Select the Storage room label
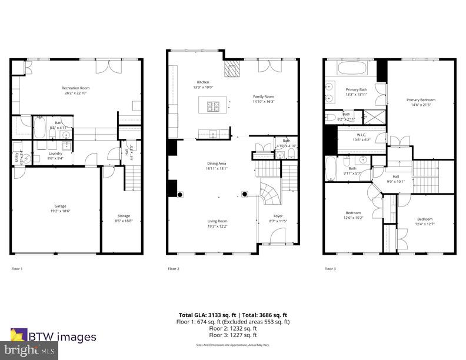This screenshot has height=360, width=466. [124, 216]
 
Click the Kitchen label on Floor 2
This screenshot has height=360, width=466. [203, 82]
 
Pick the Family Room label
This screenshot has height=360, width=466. [264, 96]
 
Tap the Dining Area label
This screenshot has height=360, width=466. [217, 164]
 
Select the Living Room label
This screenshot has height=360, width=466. [217, 221]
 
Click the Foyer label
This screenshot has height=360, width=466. [278, 216]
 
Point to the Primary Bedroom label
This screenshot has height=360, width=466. [421, 100]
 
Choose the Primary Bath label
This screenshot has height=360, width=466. [356, 89]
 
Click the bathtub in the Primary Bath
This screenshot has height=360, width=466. [352, 70]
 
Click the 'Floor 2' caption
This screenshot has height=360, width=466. [174, 268]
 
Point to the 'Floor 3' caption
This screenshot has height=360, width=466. [330, 268]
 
